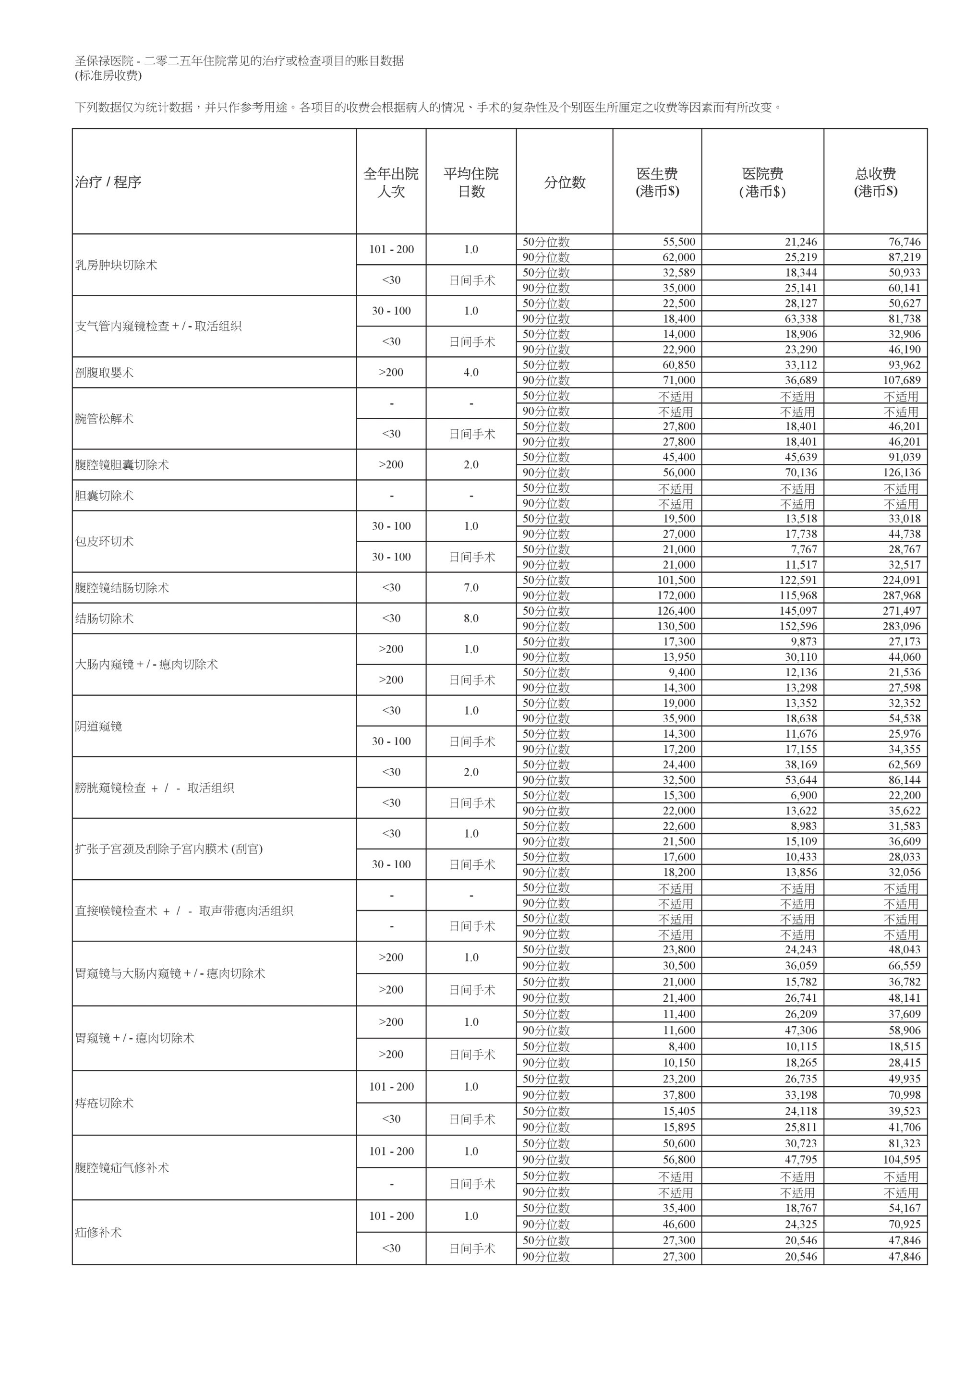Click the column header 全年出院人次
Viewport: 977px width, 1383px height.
pyautogui.click(x=390, y=182)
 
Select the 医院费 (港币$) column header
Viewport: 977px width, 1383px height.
pyautogui.click(x=762, y=182)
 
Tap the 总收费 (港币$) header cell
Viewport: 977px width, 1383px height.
pyautogui.click(x=875, y=182)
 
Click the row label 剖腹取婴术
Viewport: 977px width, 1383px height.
pyautogui.click(x=104, y=373)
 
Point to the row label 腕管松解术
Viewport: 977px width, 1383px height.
pyautogui.click(x=104, y=419)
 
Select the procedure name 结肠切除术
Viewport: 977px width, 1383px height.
pyautogui.click(x=104, y=619)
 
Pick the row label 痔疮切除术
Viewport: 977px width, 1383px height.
pyautogui.click(x=104, y=1103)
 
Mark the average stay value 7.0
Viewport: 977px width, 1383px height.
pyautogui.click(x=471, y=588)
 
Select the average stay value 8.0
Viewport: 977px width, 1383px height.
pyautogui.click(x=471, y=619)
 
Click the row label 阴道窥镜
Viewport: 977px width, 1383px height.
pyautogui.click(x=99, y=727)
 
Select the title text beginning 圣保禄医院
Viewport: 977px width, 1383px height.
pyautogui.click(x=239, y=61)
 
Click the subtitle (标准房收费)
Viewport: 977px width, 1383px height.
pyautogui.click(x=109, y=76)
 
